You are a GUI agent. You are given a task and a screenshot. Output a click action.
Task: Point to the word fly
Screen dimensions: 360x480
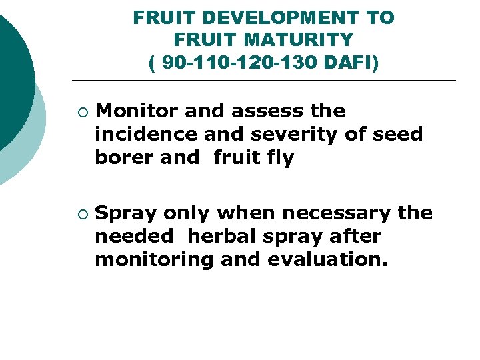[x=280, y=158]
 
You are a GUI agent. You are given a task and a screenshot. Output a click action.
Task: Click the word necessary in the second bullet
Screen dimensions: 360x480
[x=337, y=213]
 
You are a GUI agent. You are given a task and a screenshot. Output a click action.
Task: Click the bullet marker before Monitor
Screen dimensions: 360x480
[x=81, y=111]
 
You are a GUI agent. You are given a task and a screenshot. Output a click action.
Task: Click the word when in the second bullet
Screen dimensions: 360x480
[x=246, y=213]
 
